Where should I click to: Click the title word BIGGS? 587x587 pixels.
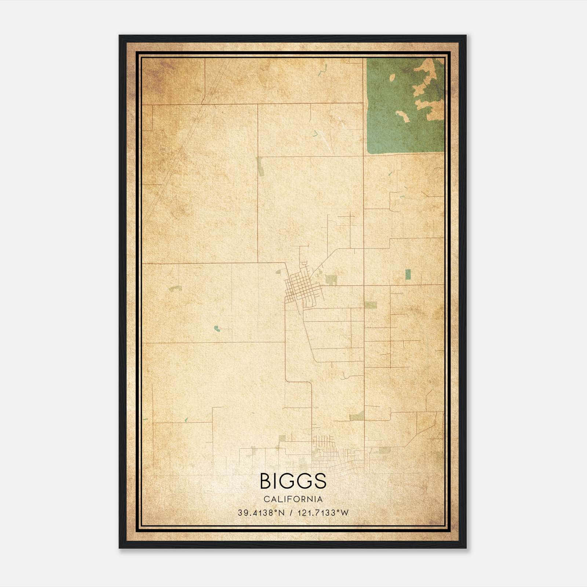(x=293, y=481)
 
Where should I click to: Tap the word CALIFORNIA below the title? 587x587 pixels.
(x=293, y=499)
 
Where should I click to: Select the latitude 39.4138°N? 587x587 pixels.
(x=261, y=513)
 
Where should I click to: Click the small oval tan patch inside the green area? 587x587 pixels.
(x=392, y=77)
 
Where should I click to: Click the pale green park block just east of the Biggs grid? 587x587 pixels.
(x=331, y=280)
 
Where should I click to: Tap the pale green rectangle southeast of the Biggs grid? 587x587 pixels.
(x=371, y=305)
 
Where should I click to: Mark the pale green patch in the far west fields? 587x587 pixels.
(x=175, y=289)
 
